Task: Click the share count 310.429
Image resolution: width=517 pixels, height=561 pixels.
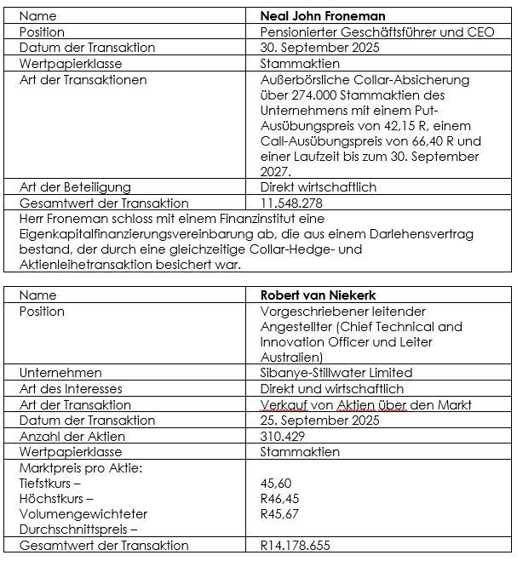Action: [x=284, y=436]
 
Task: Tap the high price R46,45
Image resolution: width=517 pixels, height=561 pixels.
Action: [x=279, y=498]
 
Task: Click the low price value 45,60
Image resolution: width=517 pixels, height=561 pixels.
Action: [x=277, y=483]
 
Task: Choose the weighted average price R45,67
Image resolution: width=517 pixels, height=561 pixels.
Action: [x=279, y=513]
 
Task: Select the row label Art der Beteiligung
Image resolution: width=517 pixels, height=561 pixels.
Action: [x=75, y=187]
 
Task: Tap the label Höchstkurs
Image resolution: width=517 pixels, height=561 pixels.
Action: [x=53, y=498]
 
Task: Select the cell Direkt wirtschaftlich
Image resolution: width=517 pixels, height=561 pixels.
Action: [x=318, y=187]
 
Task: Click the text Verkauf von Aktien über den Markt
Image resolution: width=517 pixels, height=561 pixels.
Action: [x=365, y=404]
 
